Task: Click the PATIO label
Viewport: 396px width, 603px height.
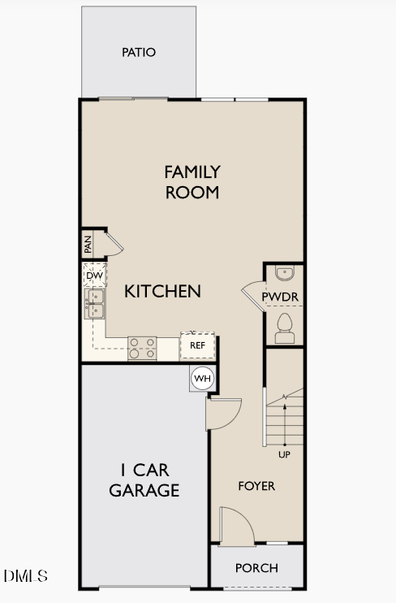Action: (139, 53)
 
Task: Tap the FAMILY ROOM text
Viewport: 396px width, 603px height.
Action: (192, 182)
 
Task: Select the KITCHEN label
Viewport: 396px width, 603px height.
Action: (162, 291)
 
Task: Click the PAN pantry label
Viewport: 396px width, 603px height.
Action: (88, 243)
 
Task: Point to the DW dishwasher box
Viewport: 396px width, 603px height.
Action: (94, 276)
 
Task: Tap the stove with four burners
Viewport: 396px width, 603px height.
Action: (142, 349)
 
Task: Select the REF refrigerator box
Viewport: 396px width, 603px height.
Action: (197, 345)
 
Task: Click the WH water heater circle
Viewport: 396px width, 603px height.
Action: (202, 378)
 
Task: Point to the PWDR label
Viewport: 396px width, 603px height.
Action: (280, 298)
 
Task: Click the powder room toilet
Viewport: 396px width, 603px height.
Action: (285, 327)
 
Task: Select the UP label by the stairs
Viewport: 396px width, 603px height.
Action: (284, 454)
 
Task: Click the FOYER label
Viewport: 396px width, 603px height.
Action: (256, 486)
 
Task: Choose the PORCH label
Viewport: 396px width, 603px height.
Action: (256, 568)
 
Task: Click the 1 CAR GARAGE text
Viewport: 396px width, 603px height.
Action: (144, 480)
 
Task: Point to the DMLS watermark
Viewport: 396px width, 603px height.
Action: (26, 576)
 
